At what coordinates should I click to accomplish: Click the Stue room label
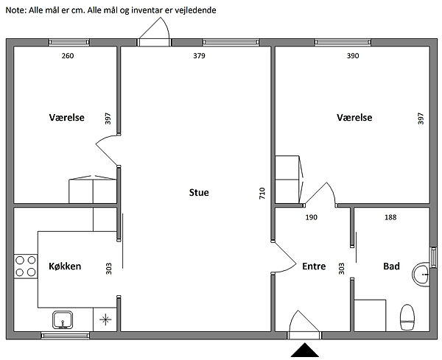(x=199, y=192)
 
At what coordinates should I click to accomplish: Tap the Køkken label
(x=65, y=267)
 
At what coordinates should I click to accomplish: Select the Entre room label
(x=314, y=267)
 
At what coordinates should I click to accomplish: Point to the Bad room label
(x=392, y=267)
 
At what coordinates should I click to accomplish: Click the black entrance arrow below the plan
(x=305, y=350)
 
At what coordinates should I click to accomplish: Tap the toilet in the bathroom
(x=407, y=317)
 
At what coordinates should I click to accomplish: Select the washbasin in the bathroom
(x=421, y=274)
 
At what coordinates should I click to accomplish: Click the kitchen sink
(x=63, y=320)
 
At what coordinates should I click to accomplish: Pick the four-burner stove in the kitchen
(x=26, y=267)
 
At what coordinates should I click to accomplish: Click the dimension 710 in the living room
(x=262, y=193)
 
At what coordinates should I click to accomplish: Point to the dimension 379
(x=199, y=56)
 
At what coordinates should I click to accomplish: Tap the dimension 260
(x=68, y=56)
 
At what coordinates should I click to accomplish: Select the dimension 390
(x=353, y=56)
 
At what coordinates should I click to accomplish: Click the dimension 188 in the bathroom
(x=390, y=217)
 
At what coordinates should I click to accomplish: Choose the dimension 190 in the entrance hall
(x=311, y=217)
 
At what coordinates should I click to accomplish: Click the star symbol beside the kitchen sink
(x=105, y=320)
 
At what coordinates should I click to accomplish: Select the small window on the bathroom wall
(x=433, y=257)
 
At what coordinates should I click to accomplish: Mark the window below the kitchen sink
(x=65, y=336)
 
